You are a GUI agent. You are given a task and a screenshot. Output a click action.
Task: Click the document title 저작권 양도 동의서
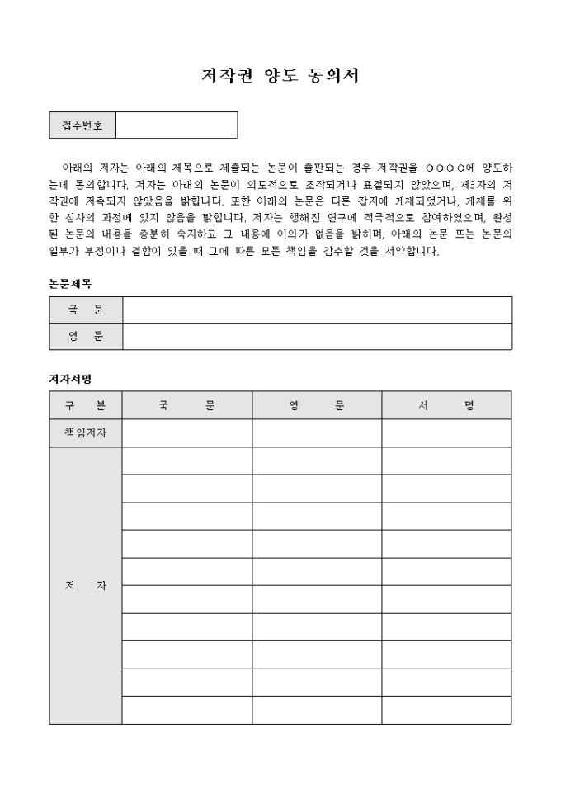(x=280, y=76)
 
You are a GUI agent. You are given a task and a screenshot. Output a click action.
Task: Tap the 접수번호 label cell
(x=82, y=125)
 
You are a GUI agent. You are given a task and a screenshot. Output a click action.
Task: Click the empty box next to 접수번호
(x=177, y=125)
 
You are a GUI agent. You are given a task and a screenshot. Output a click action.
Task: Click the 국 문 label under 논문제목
(x=86, y=310)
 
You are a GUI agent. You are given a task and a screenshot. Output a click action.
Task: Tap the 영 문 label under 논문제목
(x=86, y=337)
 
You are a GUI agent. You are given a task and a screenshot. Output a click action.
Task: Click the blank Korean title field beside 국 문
(x=318, y=310)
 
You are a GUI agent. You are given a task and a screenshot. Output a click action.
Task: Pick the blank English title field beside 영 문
(x=318, y=337)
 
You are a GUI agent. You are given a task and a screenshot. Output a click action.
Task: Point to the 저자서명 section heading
(x=70, y=379)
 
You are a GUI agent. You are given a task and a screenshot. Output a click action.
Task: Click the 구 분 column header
(x=86, y=405)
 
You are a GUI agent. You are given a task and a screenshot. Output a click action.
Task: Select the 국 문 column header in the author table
(x=187, y=405)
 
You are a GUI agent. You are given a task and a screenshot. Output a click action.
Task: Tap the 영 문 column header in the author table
(x=317, y=405)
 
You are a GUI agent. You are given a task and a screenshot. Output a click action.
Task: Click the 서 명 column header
(x=446, y=405)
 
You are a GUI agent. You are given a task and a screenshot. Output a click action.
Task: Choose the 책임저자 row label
(x=86, y=432)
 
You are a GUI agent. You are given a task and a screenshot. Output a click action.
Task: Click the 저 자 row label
(x=86, y=586)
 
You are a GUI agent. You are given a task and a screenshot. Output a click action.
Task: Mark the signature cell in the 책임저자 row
(x=446, y=432)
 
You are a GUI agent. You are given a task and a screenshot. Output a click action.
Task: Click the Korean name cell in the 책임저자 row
(x=187, y=432)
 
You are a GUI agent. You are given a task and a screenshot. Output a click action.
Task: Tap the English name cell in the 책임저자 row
(x=317, y=432)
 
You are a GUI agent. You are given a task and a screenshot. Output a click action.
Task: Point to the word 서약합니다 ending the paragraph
(x=412, y=252)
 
